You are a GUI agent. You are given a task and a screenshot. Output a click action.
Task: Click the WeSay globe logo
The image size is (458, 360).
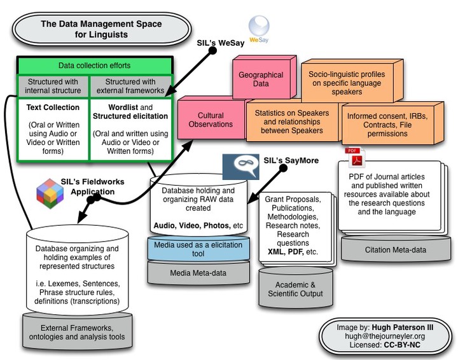(x=259, y=27)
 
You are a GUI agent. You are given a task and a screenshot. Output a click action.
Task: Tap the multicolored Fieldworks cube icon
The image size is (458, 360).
(x=50, y=193)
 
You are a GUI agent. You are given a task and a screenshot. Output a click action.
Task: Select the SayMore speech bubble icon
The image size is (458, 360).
(x=240, y=167)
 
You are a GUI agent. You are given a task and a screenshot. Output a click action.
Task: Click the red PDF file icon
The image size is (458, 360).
(x=355, y=157)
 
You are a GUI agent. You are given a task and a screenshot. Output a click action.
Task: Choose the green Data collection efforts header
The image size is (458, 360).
(x=94, y=66)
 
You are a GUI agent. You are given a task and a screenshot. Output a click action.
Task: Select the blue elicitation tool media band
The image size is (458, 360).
(x=198, y=249)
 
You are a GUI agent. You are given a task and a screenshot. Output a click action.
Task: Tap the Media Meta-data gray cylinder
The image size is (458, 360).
(x=198, y=272)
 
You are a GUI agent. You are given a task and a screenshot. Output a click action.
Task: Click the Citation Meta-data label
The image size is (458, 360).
(x=396, y=250)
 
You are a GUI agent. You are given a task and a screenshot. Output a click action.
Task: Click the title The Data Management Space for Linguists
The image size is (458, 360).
(x=101, y=29)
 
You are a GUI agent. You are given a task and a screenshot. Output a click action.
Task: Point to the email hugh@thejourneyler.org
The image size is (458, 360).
(x=385, y=336)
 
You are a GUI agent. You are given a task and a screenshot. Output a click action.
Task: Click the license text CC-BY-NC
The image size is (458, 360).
(x=402, y=345)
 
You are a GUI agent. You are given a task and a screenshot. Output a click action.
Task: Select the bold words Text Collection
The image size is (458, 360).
(x=53, y=107)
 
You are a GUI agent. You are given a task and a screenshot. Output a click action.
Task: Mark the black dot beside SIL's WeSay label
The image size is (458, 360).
(x=212, y=51)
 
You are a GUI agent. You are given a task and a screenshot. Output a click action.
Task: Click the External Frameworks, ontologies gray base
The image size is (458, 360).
(x=77, y=331)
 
